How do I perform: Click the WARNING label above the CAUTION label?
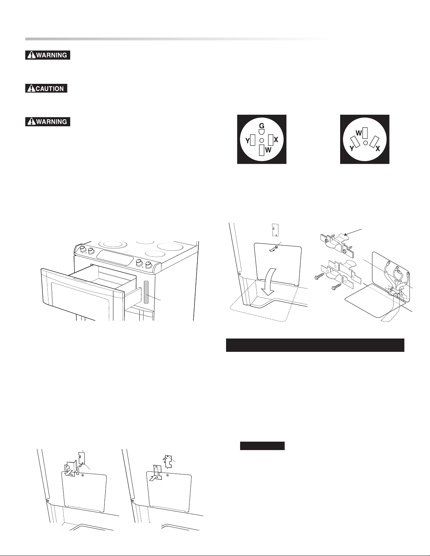click(48, 55)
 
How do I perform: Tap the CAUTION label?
click(46, 88)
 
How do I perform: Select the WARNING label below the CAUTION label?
click(48, 121)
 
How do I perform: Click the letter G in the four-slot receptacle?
click(262, 126)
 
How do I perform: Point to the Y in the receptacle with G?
click(247, 141)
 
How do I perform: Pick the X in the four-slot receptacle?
click(276, 140)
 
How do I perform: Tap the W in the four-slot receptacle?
click(268, 150)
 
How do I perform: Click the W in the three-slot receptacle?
click(359, 133)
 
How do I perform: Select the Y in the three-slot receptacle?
click(352, 149)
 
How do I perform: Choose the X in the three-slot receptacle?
click(378, 149)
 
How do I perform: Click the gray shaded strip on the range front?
click(146, 292)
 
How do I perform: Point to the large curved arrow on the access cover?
click(271, 282)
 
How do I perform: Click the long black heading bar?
click(315, 345)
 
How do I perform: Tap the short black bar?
click(262, 446)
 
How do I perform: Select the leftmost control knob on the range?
click(82, 249)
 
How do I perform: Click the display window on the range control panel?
click(115, 258)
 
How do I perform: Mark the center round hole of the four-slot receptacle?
click(262, 140)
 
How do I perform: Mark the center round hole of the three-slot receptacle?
click(366, 142)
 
